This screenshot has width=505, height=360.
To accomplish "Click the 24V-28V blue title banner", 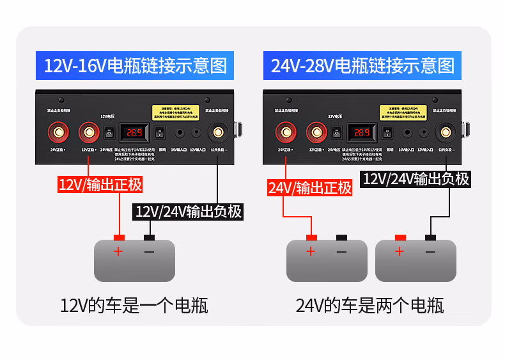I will click(x=362, y=66).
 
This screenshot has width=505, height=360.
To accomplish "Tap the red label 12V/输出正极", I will click(x=100, y=185).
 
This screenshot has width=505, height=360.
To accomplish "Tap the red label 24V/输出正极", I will click(x=310, y=187).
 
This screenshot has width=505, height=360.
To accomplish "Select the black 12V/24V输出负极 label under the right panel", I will click(x=416, y=179).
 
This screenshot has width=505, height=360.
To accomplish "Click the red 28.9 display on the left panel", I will click(x=134, y=133).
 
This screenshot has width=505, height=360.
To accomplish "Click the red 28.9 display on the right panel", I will click(x=362, y=133).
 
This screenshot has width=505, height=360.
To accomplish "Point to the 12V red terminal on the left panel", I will click(x=88, y=133).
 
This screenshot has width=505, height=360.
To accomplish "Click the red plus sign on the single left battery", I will click(x=118, y=251).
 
